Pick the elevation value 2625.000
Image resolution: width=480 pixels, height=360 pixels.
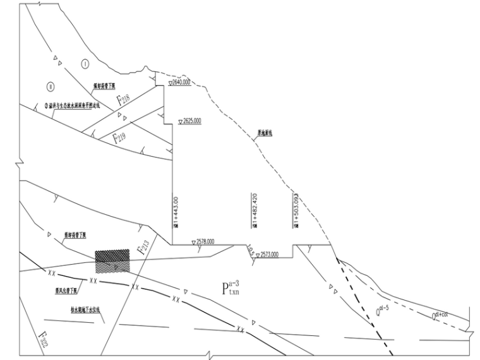(x=191, y=120)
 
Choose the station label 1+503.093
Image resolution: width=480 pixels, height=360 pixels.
(x=295, y=205)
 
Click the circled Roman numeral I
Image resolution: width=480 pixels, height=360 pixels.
(x=85, y=64)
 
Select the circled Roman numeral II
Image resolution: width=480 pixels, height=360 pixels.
(x=51, y=86)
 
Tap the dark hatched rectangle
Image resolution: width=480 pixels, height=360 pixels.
(x=112, y=260)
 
